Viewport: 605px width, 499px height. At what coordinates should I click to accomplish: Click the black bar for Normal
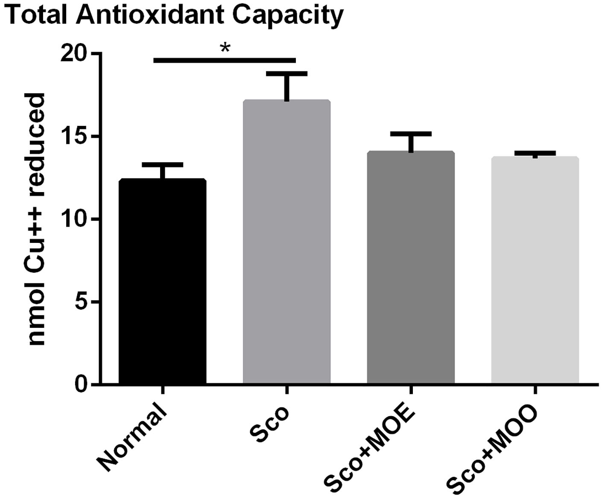162,282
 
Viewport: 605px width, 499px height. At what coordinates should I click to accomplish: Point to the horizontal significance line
224,60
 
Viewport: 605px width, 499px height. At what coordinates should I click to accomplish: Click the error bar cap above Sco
286,74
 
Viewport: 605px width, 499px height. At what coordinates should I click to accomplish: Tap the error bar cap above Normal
162,165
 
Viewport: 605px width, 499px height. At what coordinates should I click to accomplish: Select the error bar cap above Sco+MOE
411,134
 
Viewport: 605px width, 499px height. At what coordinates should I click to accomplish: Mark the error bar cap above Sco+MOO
535,153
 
